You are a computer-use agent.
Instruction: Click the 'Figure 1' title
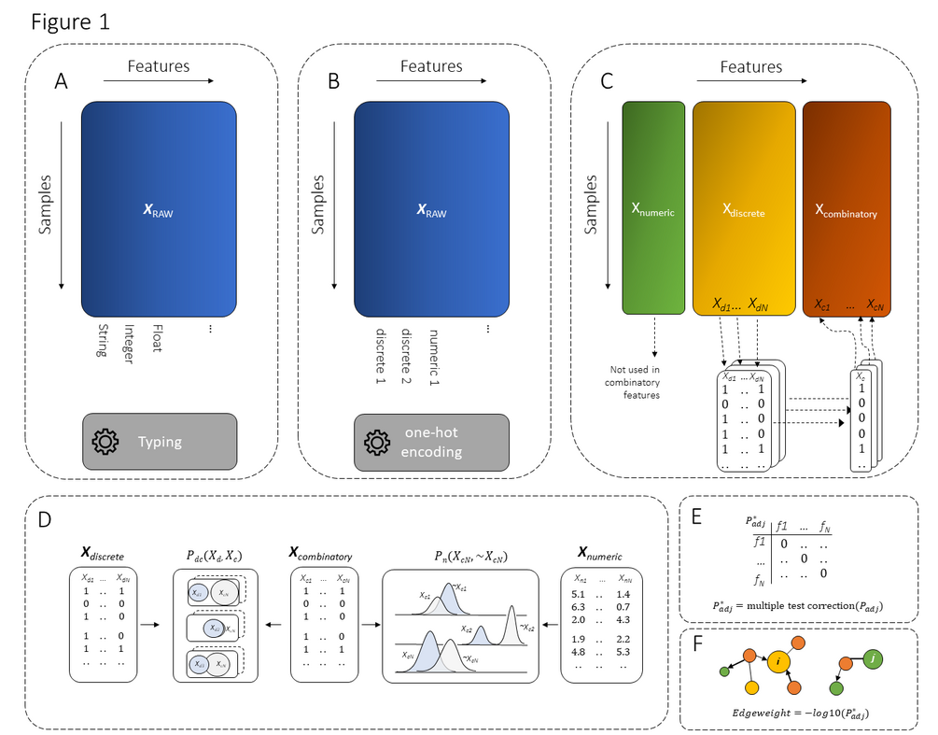coord(70,22)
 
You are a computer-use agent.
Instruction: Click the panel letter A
coord(62,82)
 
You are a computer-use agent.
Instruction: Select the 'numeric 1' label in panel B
coord(433,357)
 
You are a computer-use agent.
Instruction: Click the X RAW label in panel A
coord(159,212)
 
